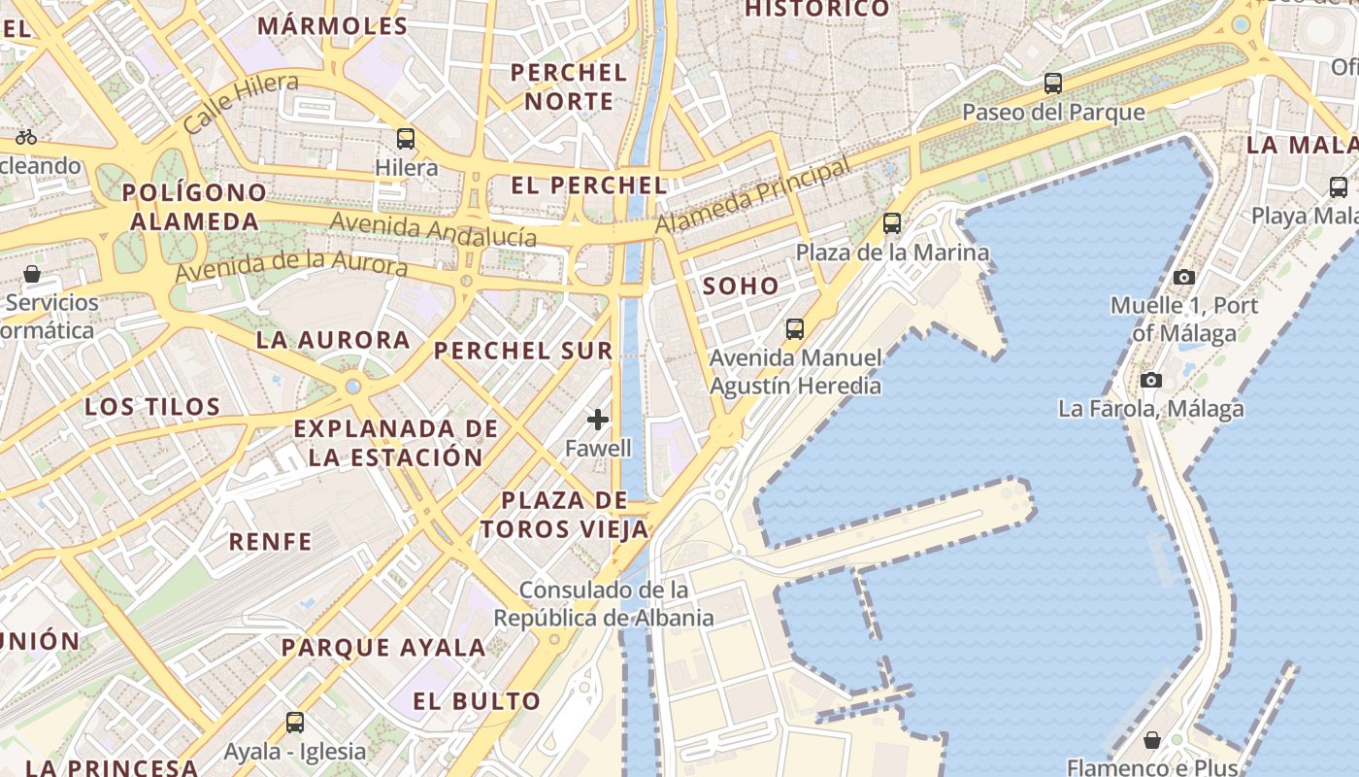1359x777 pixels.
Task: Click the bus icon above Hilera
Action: (x=406, y=139)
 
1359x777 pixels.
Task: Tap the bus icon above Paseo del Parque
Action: (x=1053, y=84)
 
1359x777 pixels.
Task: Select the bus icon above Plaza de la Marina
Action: (x=892, y=223)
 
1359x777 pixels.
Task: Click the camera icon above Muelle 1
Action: (x=1183, y=278)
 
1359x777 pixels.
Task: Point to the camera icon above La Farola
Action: (x=1151, y=380)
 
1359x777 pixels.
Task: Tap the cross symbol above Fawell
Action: (x=598, y=420)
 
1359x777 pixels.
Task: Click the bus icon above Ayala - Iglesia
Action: (x=295, y=723)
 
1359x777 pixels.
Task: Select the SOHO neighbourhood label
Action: (x=741, y=286)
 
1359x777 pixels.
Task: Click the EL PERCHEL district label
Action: (x=589, y=186)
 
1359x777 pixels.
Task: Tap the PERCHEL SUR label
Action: (x=523, y=351)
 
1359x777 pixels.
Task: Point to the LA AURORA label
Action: (x=333, y=340)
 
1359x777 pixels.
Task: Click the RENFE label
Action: (x=271, y=542)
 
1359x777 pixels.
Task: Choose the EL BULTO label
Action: (x=477, y=701)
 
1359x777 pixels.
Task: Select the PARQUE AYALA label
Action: (x=383, y=647)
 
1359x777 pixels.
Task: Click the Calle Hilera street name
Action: (x=240, y=103)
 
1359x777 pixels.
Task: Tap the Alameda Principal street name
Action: (x=752, y=196)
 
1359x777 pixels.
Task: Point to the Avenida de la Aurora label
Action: (x=291, y=262)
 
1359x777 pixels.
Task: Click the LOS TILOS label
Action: (x=152, y=406)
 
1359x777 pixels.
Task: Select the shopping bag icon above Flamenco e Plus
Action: (x=1152, y=741)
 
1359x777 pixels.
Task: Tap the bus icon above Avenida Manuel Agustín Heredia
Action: (x=795, y=329)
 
